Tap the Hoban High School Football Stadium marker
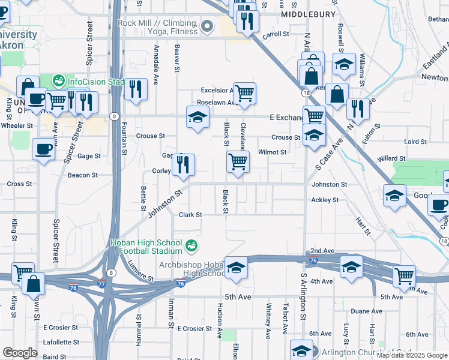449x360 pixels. pos(191,245)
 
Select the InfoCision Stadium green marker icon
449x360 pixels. pos(58,80)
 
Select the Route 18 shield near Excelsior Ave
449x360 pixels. pos(306,93)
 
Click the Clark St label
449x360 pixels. pos(190,214)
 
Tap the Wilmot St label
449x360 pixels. pos(272,152)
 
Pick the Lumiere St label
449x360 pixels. pos(142,277)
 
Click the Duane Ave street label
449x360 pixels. pos(366,311)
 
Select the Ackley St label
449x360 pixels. pos(325,200)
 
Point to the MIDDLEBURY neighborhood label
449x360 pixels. pos(309,14)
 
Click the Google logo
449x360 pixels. pos(20,353)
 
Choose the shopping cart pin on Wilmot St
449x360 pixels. pos(238,161)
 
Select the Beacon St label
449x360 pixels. pos(83,175)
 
